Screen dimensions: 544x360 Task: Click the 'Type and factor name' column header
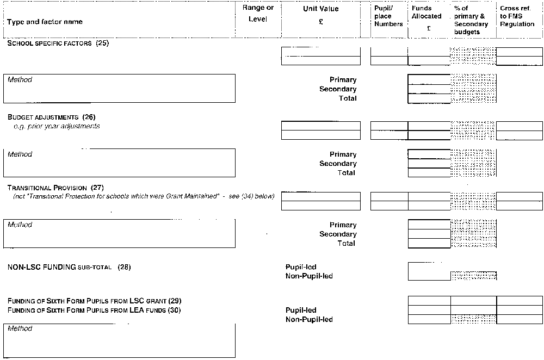pyautogui.click(x=45, y=22)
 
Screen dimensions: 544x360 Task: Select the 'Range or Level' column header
pyautogui.click(x=258, y=13)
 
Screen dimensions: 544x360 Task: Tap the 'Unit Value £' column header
pyautogui.click(x=320, y=15)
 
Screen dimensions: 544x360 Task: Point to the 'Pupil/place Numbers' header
pyautogui.click(x=388, y=16)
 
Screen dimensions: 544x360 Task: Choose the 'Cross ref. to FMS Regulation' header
pyautogui.click(x=517, y=16)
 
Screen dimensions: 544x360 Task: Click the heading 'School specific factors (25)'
pyautogui.click(x=58, y=43)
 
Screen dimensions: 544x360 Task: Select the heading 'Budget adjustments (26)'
pyautogui.click(x=51, y=117)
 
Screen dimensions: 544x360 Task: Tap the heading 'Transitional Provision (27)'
pyautogui.click(x=55, y=188)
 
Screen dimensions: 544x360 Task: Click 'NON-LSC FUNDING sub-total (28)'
pyautogui.click(x=69, y=267)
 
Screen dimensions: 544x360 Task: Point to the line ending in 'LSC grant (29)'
pyautogui.click(x=94, y=301)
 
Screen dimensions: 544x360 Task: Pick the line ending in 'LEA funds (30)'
pyautogui.click(x=94, y=310)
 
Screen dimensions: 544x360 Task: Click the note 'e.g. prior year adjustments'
pyautogui.click(x=57, y=126)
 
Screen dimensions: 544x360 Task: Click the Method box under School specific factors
pyautogui.click(x=119, y=103)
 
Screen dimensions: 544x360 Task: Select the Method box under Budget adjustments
pyautogui.click(x=119, y=177)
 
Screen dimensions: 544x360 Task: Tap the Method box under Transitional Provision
pyautogui.click(x=119, y=247)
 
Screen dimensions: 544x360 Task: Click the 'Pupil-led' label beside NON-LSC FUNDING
pyautogui.click(x=301, y=267)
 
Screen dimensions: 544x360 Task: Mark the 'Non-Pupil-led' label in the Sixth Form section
pyautogui.click(x=309, y=319)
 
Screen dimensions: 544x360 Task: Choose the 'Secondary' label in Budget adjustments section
pyautogui.click(x=338, y=163)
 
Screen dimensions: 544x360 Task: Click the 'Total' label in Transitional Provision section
pyautogui.click(x=346, y=243)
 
